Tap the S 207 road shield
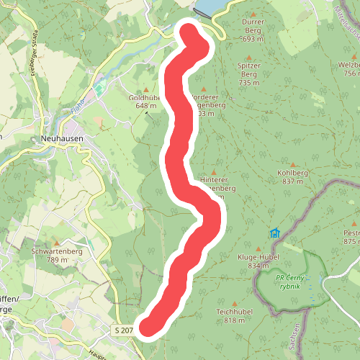point(123,330)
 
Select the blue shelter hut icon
point(274,233)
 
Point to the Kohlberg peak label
point(292,174)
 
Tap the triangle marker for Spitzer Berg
point(249,58)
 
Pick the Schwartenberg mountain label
point(57,251)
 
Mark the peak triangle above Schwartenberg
point(57,242)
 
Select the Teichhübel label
point(233,312)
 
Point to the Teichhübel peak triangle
point(233,302)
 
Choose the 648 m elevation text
point(146,106)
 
